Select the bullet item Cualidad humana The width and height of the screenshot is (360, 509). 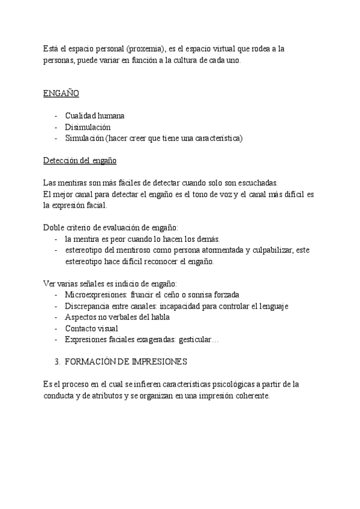click(x=95, y=116)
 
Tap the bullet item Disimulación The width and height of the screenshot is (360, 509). click(x=88, y=127)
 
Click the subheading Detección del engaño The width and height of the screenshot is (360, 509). click(x=80, y=161)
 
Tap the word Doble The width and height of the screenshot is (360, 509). click(x=54, y=227)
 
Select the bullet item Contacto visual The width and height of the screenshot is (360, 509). click(x=91, y=328)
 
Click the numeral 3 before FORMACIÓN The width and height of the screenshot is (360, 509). click(x=56, y=362)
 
